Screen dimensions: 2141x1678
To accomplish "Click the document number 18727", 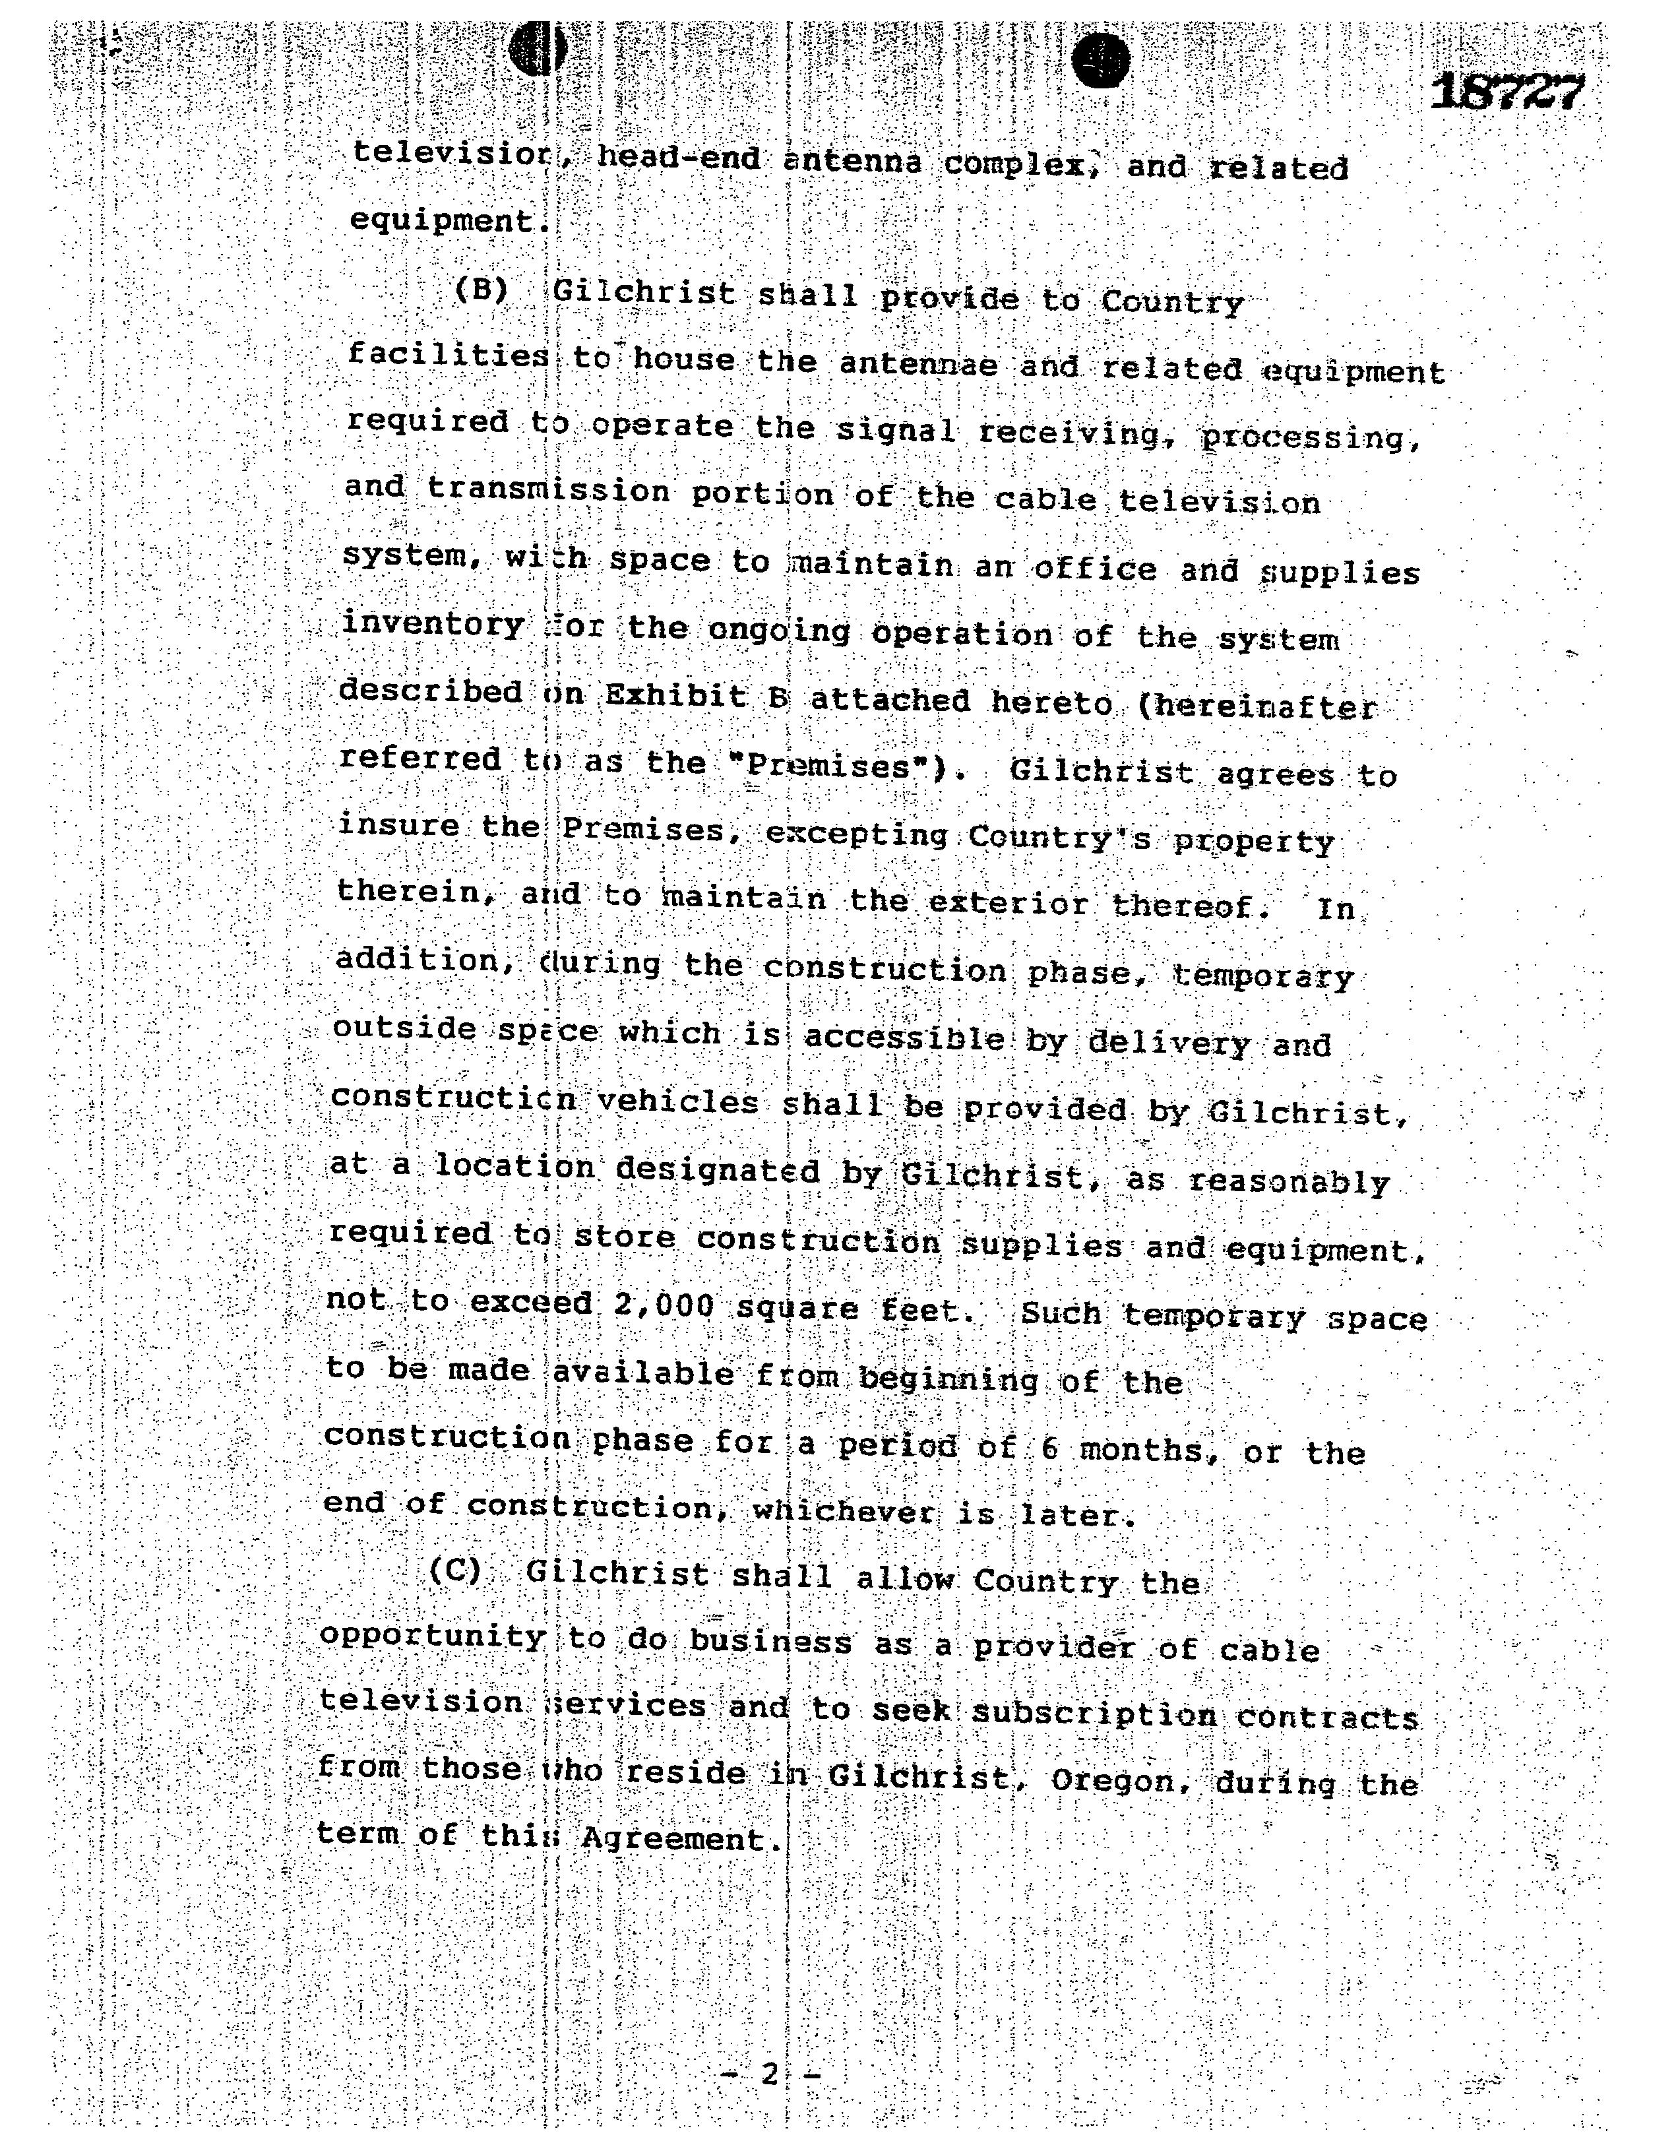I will (x=1507, y=94).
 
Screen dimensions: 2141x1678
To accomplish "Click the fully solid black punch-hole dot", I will (x=1100, y=61).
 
